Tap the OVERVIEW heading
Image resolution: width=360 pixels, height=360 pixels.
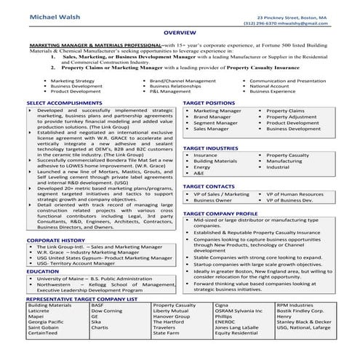click(x=180, y=34)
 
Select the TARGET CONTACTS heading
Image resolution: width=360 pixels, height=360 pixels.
click(x=208, y=186)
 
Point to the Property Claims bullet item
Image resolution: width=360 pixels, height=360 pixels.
click(x=286, y=111)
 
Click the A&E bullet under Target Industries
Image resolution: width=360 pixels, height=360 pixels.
click(x=199, y=173)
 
